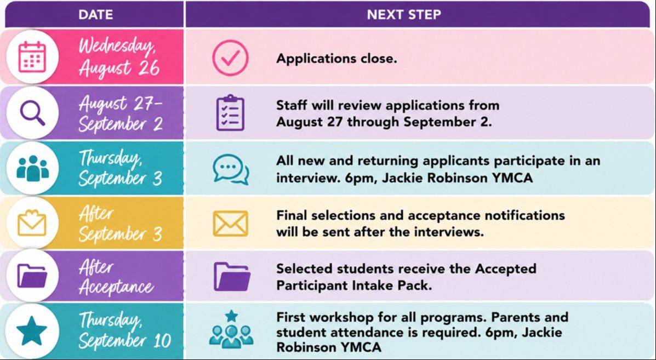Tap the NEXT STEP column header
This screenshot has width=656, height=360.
coord(404,15)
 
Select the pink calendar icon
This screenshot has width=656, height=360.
coord(32,57)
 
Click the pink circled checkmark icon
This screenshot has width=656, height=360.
coord(230,58)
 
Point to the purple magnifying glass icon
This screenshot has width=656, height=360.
coord(32,113)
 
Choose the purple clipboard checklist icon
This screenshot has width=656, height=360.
coord(230,112)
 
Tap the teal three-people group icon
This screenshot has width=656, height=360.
coord(33,168)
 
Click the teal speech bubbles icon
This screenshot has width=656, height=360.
coord(231,169)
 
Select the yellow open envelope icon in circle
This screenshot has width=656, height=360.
coord(32,223)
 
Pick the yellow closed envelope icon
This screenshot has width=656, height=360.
coord(231,223)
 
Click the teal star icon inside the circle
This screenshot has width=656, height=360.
coord(32,331)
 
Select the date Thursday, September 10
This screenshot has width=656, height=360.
coord(124,330)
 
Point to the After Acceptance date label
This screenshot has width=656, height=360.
coord(116,277)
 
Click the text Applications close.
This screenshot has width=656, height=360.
coord(336,58)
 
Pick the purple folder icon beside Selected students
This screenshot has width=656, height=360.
coord(232,276)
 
